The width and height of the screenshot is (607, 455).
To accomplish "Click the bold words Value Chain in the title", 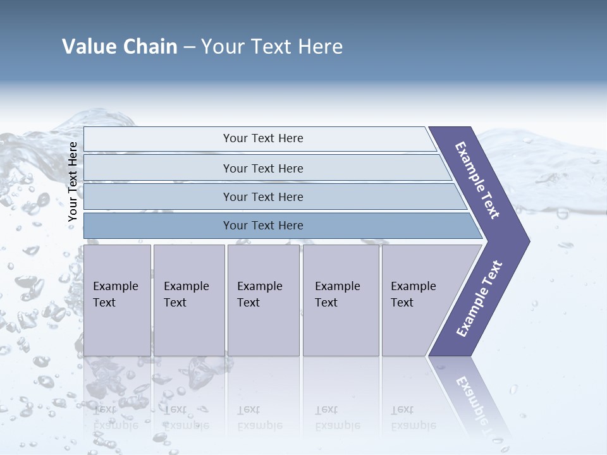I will click(x=120, y=47).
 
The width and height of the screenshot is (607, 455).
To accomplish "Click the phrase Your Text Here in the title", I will click(x=272, y=47).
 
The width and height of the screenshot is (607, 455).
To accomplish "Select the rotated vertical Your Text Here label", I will click(x=73, y=181).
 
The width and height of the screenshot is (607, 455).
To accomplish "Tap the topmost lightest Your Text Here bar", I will click(x=262, y=138).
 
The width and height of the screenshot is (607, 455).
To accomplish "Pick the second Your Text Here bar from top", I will click(x=262, y=168).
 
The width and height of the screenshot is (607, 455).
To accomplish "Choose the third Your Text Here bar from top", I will click(x=262, y=197).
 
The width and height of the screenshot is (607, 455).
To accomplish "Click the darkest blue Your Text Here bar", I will click(x=262, y=226).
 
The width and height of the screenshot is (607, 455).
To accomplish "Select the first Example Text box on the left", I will click(x=117, y=300).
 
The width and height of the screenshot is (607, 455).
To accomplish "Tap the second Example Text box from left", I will click(x=188, y=300).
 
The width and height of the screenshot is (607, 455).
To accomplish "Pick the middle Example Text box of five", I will click(x=263, y=300).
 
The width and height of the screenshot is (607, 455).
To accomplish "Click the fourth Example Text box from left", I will click(x=340, y=300).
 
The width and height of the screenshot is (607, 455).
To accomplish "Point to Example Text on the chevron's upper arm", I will click(x=477, y=179).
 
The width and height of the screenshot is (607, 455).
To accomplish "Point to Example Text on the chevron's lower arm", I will click(x=479, y=299).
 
